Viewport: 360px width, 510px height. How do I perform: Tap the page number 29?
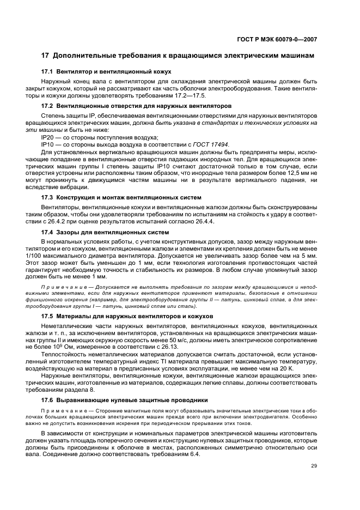[314, 465]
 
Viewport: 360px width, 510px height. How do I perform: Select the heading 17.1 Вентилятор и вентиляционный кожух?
[107, 71]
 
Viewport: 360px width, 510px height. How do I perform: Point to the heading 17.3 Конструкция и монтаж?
[121, 197]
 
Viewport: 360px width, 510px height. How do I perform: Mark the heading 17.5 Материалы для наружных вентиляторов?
[127, 316]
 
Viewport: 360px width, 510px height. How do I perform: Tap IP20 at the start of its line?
[47, 138]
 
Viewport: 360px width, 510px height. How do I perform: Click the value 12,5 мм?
[292, 171]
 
